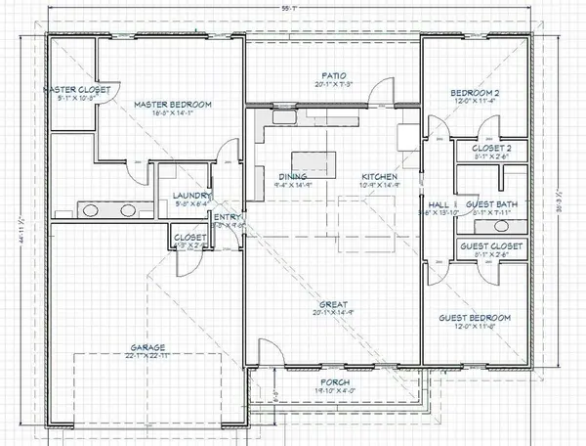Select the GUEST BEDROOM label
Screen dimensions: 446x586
pos(475,318)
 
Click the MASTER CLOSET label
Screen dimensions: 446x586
pos(81,90)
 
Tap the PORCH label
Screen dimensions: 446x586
pos(333,381)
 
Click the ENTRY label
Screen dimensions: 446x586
pos(227,217)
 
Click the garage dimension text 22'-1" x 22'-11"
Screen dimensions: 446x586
pos(142,357)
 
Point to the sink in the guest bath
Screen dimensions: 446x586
pos(516,223)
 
